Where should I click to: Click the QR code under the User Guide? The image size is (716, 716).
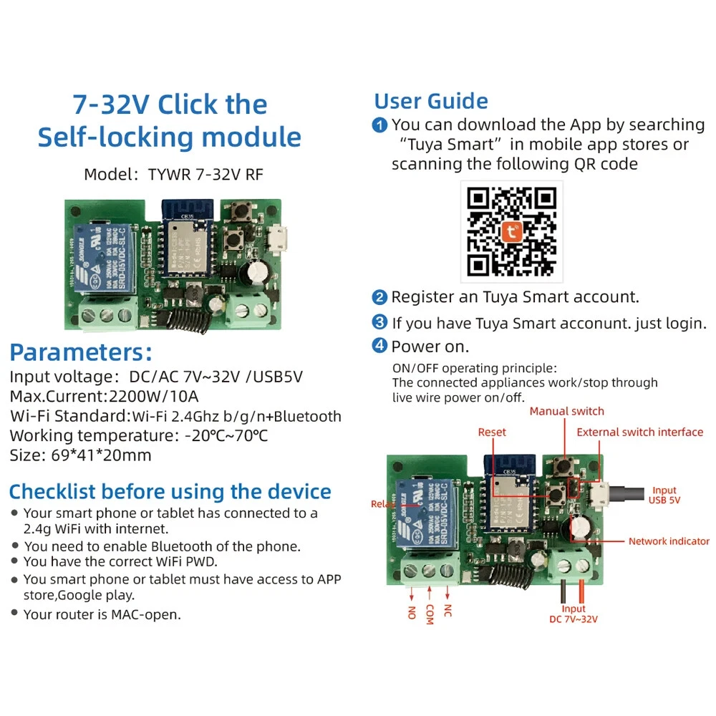[511, 231]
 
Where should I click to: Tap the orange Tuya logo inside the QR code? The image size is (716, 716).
[511, 232]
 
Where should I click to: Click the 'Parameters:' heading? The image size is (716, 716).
[81, 352]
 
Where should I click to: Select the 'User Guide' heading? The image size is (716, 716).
[431, 101]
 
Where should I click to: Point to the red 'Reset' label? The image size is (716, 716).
[492, 432]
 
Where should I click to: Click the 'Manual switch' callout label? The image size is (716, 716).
[566, 411]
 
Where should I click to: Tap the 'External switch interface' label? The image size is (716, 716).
[639, 432]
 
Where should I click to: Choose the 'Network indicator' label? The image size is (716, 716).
[668, 541]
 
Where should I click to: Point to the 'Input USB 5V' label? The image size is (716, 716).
[664, 495]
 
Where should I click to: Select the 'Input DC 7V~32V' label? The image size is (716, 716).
[573, 614]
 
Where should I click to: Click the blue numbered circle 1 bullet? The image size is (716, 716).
[380, 125]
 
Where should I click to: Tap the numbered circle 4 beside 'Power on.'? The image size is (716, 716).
[380, 347]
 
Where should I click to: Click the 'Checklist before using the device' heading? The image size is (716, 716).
[170, 492]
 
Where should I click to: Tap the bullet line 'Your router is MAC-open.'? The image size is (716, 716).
[102, 614]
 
